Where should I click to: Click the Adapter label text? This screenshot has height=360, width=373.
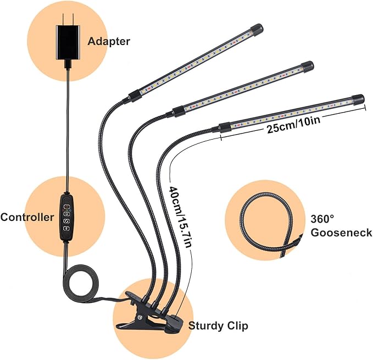[110, 41]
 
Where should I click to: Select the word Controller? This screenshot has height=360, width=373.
[27, 217]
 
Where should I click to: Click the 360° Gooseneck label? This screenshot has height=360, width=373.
[341, 225]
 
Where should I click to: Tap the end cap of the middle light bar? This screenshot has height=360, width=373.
[307, 67]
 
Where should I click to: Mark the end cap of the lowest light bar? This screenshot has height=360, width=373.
[358, 99]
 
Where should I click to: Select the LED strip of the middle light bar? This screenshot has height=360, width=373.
[242, 87]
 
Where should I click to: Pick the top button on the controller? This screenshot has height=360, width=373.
[66, 208]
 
